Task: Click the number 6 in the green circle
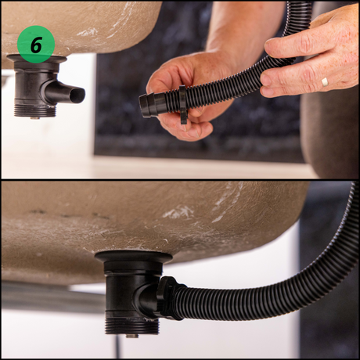tap(36, 45)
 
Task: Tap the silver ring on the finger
tap(325, 81)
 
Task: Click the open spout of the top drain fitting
tap(77, 95)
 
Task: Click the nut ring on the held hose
tap(184, 104)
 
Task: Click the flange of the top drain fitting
tap(37, 59)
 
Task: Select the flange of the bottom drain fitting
tap(133, 256)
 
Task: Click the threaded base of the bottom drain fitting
tap(132, 327)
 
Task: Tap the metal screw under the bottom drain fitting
tap(132, 336)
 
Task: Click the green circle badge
tap(36, 45)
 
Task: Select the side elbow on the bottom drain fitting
tap(146, 297)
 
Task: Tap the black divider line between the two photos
tap(180, 180)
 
